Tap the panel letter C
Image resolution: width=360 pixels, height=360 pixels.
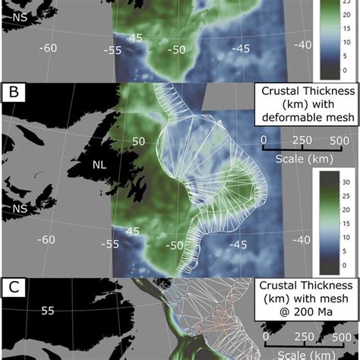click(14, 289)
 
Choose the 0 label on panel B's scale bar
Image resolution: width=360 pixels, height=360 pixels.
click(264, 140)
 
